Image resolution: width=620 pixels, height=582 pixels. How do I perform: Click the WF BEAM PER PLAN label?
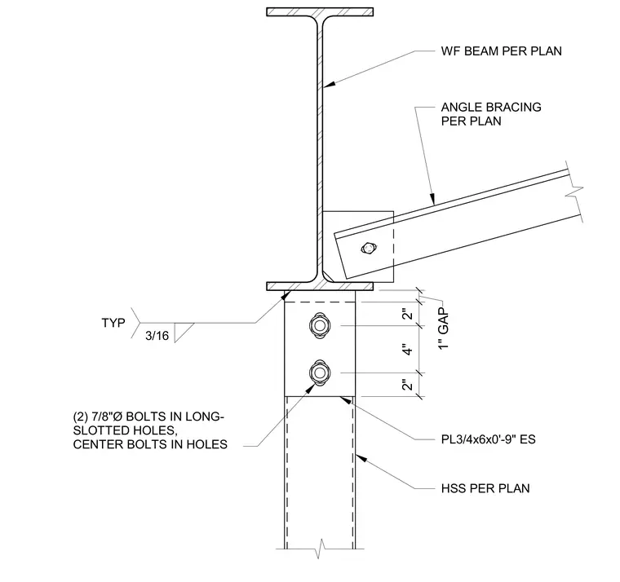(x=501, y=51)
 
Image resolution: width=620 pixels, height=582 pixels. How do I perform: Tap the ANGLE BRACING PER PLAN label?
(x=491, y=114)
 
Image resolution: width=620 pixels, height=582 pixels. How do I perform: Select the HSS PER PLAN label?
(x=485, y=488)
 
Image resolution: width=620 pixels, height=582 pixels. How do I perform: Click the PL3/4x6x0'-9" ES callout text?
(x=489, y=439)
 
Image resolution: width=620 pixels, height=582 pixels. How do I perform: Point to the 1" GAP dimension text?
(x=444, y=328)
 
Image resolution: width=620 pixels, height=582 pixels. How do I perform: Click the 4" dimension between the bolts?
(x=408, y=350)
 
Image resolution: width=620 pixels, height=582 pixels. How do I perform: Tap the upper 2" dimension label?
(x=408, y=314)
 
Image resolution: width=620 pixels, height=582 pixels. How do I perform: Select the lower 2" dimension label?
(x=408, y=385)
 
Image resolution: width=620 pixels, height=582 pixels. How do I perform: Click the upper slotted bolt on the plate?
(x=320, y=325)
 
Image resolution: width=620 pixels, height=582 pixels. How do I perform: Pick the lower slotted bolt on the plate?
(x=320, y=373)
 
